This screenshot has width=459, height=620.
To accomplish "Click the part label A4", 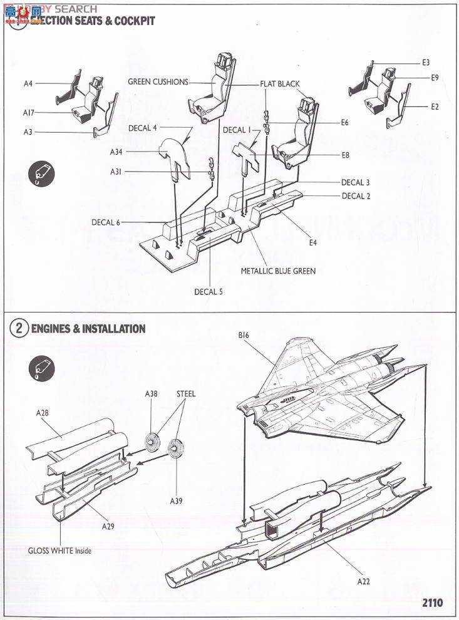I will click(28, 83).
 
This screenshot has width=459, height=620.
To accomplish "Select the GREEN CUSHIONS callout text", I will click(158, 82).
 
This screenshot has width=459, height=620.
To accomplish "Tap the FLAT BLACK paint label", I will click(280, 84).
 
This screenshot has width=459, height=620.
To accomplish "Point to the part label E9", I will click(435, 78).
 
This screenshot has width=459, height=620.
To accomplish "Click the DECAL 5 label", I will click(209, 292).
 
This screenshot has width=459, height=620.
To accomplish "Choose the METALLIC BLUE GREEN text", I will click(278, 271).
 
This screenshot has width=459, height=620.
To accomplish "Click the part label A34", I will click(116, 152).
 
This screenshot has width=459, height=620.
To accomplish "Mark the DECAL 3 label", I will click(355, 183).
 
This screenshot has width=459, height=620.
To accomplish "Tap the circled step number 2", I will click(19, 329).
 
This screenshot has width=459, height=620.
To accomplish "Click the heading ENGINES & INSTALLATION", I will click(88, 329).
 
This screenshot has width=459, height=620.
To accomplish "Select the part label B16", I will click(244, 336).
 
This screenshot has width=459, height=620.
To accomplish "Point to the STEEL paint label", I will click(186, 394).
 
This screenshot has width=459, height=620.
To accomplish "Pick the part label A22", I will click(364, 582).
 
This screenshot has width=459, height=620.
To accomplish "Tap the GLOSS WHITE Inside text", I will click(59, 551).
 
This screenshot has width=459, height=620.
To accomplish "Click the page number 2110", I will click(432, 603).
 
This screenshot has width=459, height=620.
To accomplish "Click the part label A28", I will click(42, 413).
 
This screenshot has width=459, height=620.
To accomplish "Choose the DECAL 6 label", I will click(105, 222).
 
